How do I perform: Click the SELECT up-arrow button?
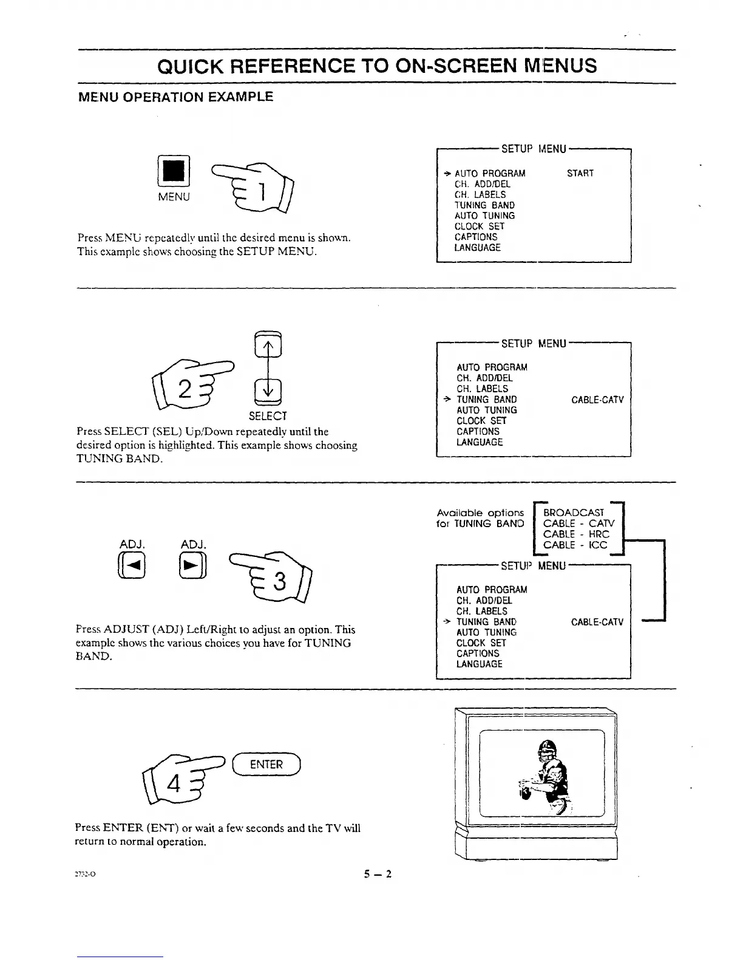[268, 347]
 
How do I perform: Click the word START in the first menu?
[580, 174]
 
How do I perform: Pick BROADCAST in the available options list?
[574, 513]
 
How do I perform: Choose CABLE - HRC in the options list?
[576, 534]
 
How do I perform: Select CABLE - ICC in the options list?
[575, 545]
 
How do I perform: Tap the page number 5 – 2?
[378, 875]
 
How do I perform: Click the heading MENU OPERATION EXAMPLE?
[176, 97]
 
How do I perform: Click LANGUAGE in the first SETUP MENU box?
[478, 248]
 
